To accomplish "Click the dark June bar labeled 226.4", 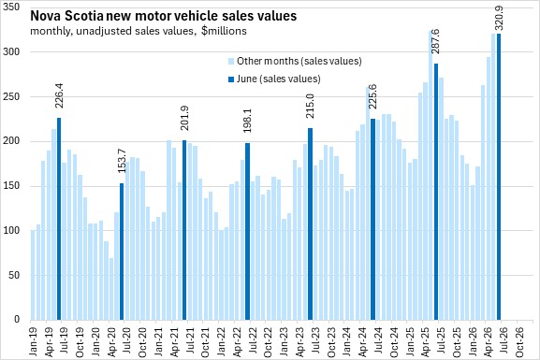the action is tap(59, 219).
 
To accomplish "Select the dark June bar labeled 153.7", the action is tap(122, 252).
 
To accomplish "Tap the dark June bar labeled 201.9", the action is tap(184, 230).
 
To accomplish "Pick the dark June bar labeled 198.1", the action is tap(247, 231).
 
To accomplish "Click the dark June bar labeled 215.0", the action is tap(311, 223).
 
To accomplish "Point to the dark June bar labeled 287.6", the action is tap(436, 192).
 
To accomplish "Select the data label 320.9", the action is tap(499, 18).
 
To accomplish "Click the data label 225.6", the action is tap(372, 96).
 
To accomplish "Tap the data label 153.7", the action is tap(122, 161).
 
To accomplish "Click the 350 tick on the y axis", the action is tap(11, 7).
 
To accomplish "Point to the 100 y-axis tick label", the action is tap(11, 231).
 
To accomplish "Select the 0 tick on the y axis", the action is tap(17, 320).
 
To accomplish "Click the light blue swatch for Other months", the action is tap(231, 62).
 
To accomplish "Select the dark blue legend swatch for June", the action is tap(231, 79).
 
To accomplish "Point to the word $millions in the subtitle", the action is tap(224, 31).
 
